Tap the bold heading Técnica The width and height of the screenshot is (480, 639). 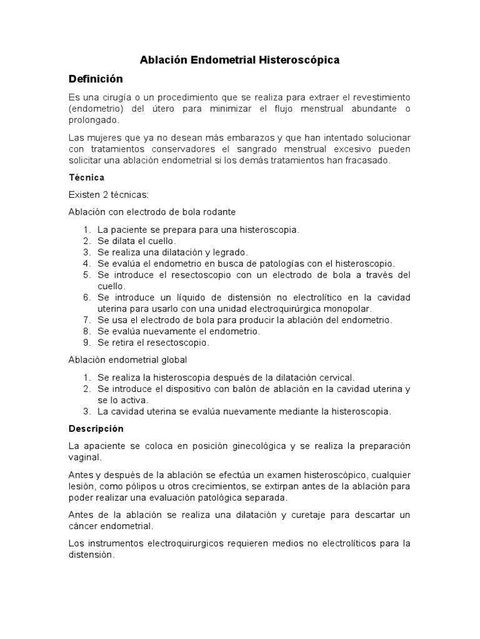[86, 178]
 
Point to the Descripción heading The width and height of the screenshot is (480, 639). [96, 429]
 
